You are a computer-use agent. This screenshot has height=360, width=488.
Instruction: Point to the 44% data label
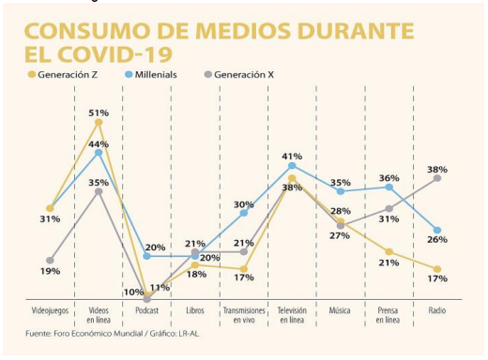pos(99,143)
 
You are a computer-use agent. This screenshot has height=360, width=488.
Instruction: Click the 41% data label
pos(293,156)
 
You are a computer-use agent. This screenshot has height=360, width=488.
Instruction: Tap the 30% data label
pos(243,203)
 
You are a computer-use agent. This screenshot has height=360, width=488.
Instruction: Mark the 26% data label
pos(437,240)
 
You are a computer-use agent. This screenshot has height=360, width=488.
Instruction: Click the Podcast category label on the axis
pos(146,308)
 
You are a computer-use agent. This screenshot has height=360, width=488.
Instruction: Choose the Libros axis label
pos(194,308)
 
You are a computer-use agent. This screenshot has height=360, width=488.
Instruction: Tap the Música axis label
pos(340,308)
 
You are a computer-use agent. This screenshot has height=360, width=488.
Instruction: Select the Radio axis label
pos(436,308)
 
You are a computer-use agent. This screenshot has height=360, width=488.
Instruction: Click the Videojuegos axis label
pos(50,308)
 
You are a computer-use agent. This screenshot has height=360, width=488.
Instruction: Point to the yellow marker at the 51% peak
pos(99,123)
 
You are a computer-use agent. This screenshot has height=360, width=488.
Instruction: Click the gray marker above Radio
pos(437,177)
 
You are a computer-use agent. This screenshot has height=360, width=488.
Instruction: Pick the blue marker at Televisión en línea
pos(293,166)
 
